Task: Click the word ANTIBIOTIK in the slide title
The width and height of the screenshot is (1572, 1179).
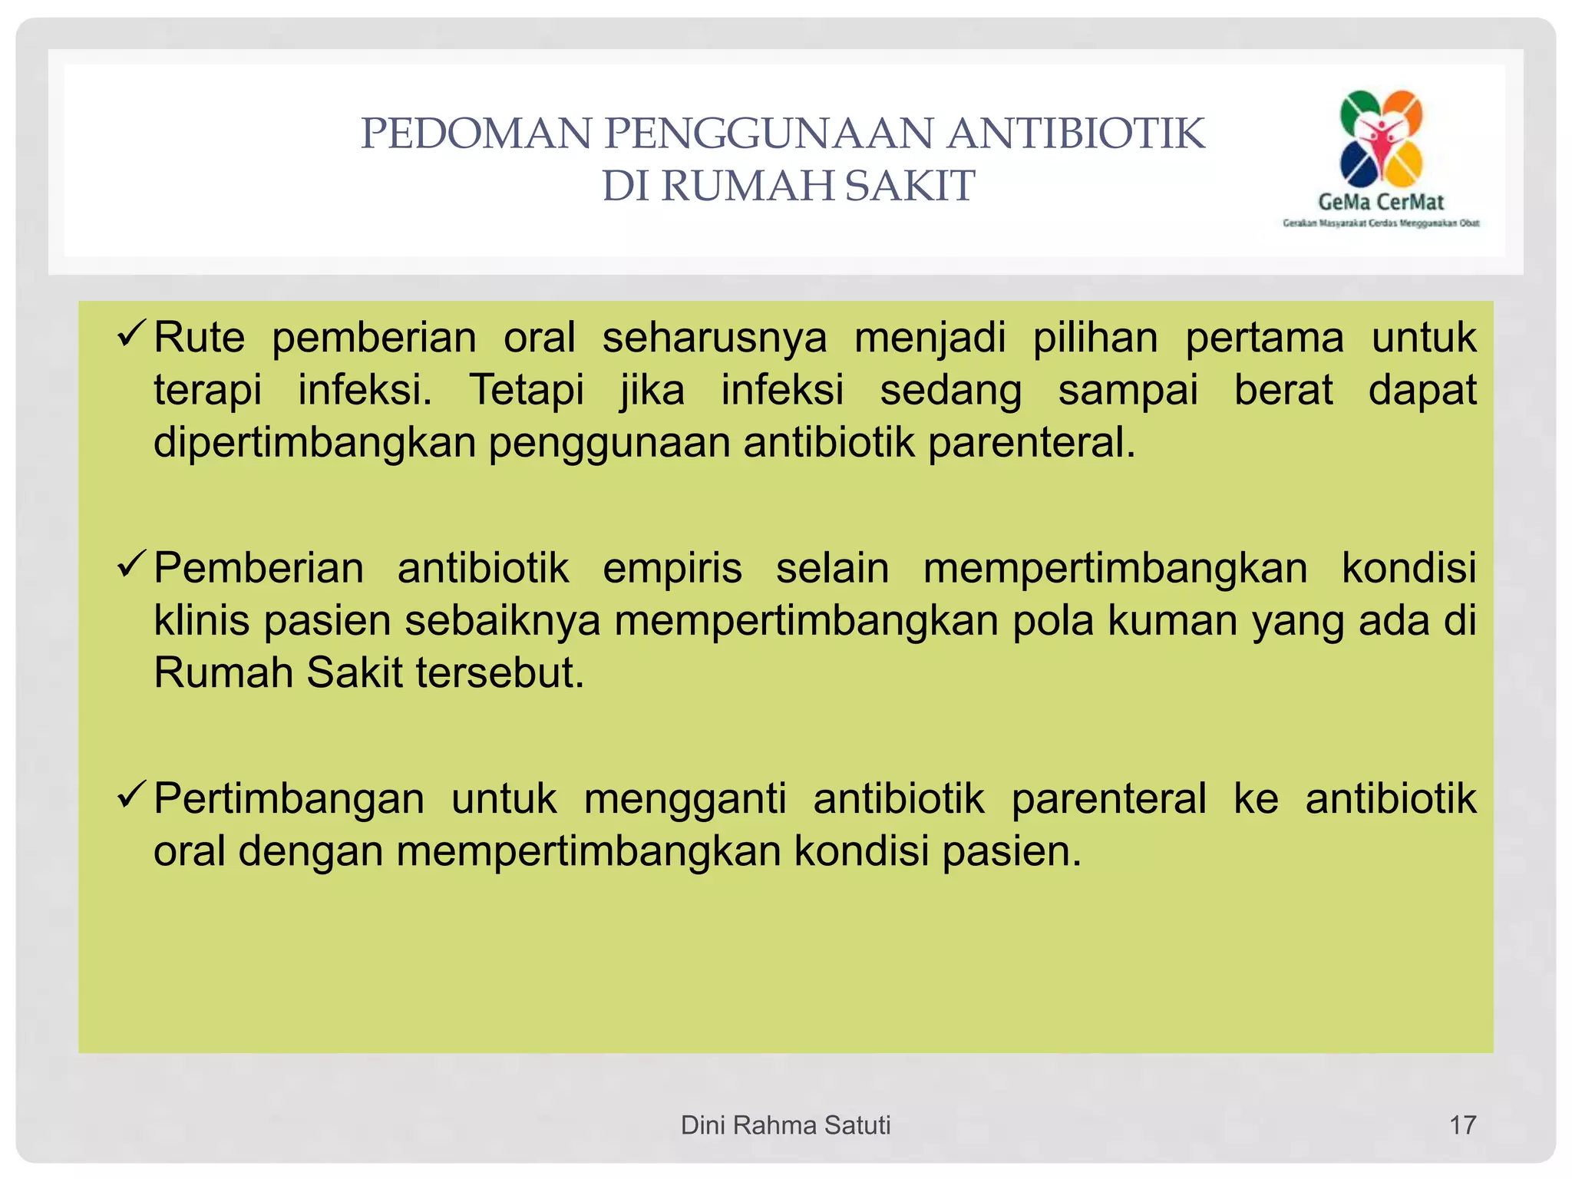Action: click(1075, 134)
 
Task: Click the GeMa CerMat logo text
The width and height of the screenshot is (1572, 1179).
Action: click(1381, 202)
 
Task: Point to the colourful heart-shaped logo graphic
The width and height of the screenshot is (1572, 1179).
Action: click(1381, 138)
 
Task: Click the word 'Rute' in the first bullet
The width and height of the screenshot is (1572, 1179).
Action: click(199, 338)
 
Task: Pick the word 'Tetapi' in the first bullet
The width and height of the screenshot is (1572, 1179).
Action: click(527, 390)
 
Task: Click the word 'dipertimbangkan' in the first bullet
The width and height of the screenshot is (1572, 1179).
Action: click(315, 443)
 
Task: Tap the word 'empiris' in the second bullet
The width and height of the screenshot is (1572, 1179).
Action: click(672, 569)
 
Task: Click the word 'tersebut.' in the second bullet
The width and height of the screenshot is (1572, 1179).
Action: click(500, 673)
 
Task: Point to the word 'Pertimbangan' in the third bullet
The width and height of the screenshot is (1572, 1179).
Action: click(289, 799)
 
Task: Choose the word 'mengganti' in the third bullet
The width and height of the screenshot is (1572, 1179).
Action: click(685, 799)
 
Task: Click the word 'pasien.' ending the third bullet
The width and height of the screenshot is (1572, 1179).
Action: click(1012, 851)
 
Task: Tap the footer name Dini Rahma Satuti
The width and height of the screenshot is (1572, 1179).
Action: click(785, 1125)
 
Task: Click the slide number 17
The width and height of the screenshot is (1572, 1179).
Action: click(1462, 1125)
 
